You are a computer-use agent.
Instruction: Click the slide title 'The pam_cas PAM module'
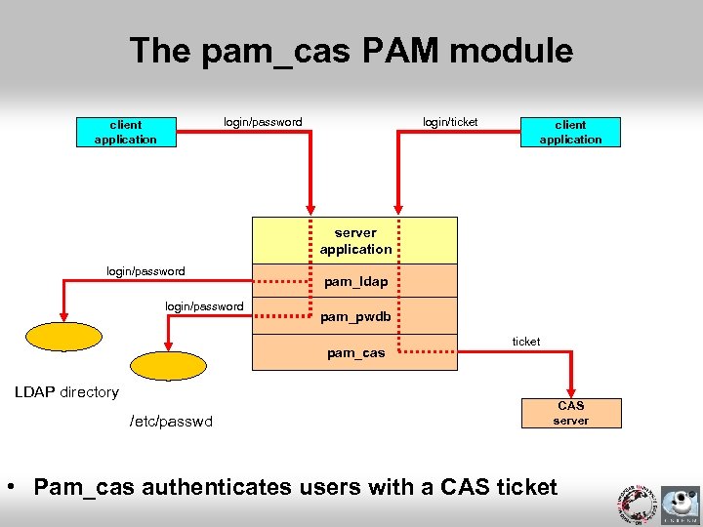click(x=351, y=51)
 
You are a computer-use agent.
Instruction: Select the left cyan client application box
click(x=125, y=132)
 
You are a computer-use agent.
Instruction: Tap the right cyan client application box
click(x=570, y=132)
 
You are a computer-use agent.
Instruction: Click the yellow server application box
click(x=354, y=240)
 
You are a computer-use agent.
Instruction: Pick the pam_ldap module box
click(x=354, y=281)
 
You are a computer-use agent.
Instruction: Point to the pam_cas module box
click(x=354, y=352)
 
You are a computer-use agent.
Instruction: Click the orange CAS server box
click(x=570, y=413)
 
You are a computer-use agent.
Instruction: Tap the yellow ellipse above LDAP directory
click(x=63, y=336)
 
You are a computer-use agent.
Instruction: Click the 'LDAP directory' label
click(x=66, y=392)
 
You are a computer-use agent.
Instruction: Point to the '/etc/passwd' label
click(x=171, y=422)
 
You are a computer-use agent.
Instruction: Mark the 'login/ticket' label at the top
click(x=450, y=122)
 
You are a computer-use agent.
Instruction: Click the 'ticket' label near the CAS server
click(x=526, y=342)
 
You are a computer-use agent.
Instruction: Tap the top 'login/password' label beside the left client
click(x=263, y=122)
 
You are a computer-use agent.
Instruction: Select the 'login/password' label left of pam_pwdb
click(x=204, y=306)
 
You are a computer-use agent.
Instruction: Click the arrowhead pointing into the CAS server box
click(x=571, y=389)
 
